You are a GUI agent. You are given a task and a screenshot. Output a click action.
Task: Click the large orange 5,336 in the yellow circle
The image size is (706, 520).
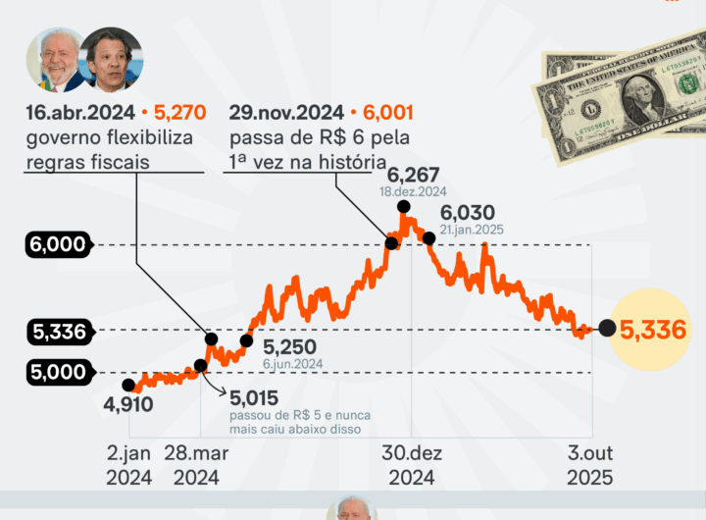653,330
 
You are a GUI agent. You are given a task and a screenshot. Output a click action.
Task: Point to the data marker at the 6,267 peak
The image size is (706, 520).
403,206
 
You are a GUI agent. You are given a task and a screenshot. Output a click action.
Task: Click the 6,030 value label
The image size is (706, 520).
468,212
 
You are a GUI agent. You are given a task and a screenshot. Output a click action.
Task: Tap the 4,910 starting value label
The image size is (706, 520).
127,403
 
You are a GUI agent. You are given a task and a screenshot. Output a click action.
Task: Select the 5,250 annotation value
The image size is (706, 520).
291,347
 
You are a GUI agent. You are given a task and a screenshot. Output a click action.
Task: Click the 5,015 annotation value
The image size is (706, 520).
254,398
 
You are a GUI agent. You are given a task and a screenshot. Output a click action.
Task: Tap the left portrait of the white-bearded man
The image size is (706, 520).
55,60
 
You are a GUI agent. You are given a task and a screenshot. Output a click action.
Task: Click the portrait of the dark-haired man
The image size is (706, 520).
110,60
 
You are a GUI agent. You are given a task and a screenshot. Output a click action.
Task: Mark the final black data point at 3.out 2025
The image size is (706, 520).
607,329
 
